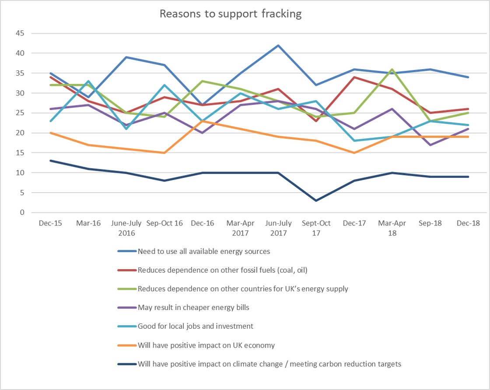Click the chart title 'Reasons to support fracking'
[x=230, y=14]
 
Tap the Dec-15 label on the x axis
[x=50, y=223]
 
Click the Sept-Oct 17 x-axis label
[x=316, y=228]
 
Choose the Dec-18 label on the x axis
[x=468, y=223]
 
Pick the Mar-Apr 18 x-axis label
[x=392, y=228]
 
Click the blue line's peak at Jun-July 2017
[x=278, y=45]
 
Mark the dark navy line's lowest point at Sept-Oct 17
[x=316, y=200]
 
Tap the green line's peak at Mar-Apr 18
[x=392, y=69]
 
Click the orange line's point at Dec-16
[x=202, y=121]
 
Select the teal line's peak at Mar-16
[x=88, y=81]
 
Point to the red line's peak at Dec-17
[x=354, y=77]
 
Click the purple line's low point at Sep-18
[x=430, y=145]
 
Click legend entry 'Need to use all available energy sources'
[x=203, y=251]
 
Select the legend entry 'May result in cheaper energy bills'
[x=193, y=307]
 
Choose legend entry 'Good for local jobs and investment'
[x=195, y=326]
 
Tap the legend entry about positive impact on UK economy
[x=206, y=345]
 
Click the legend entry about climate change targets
[x=269, y=364]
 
